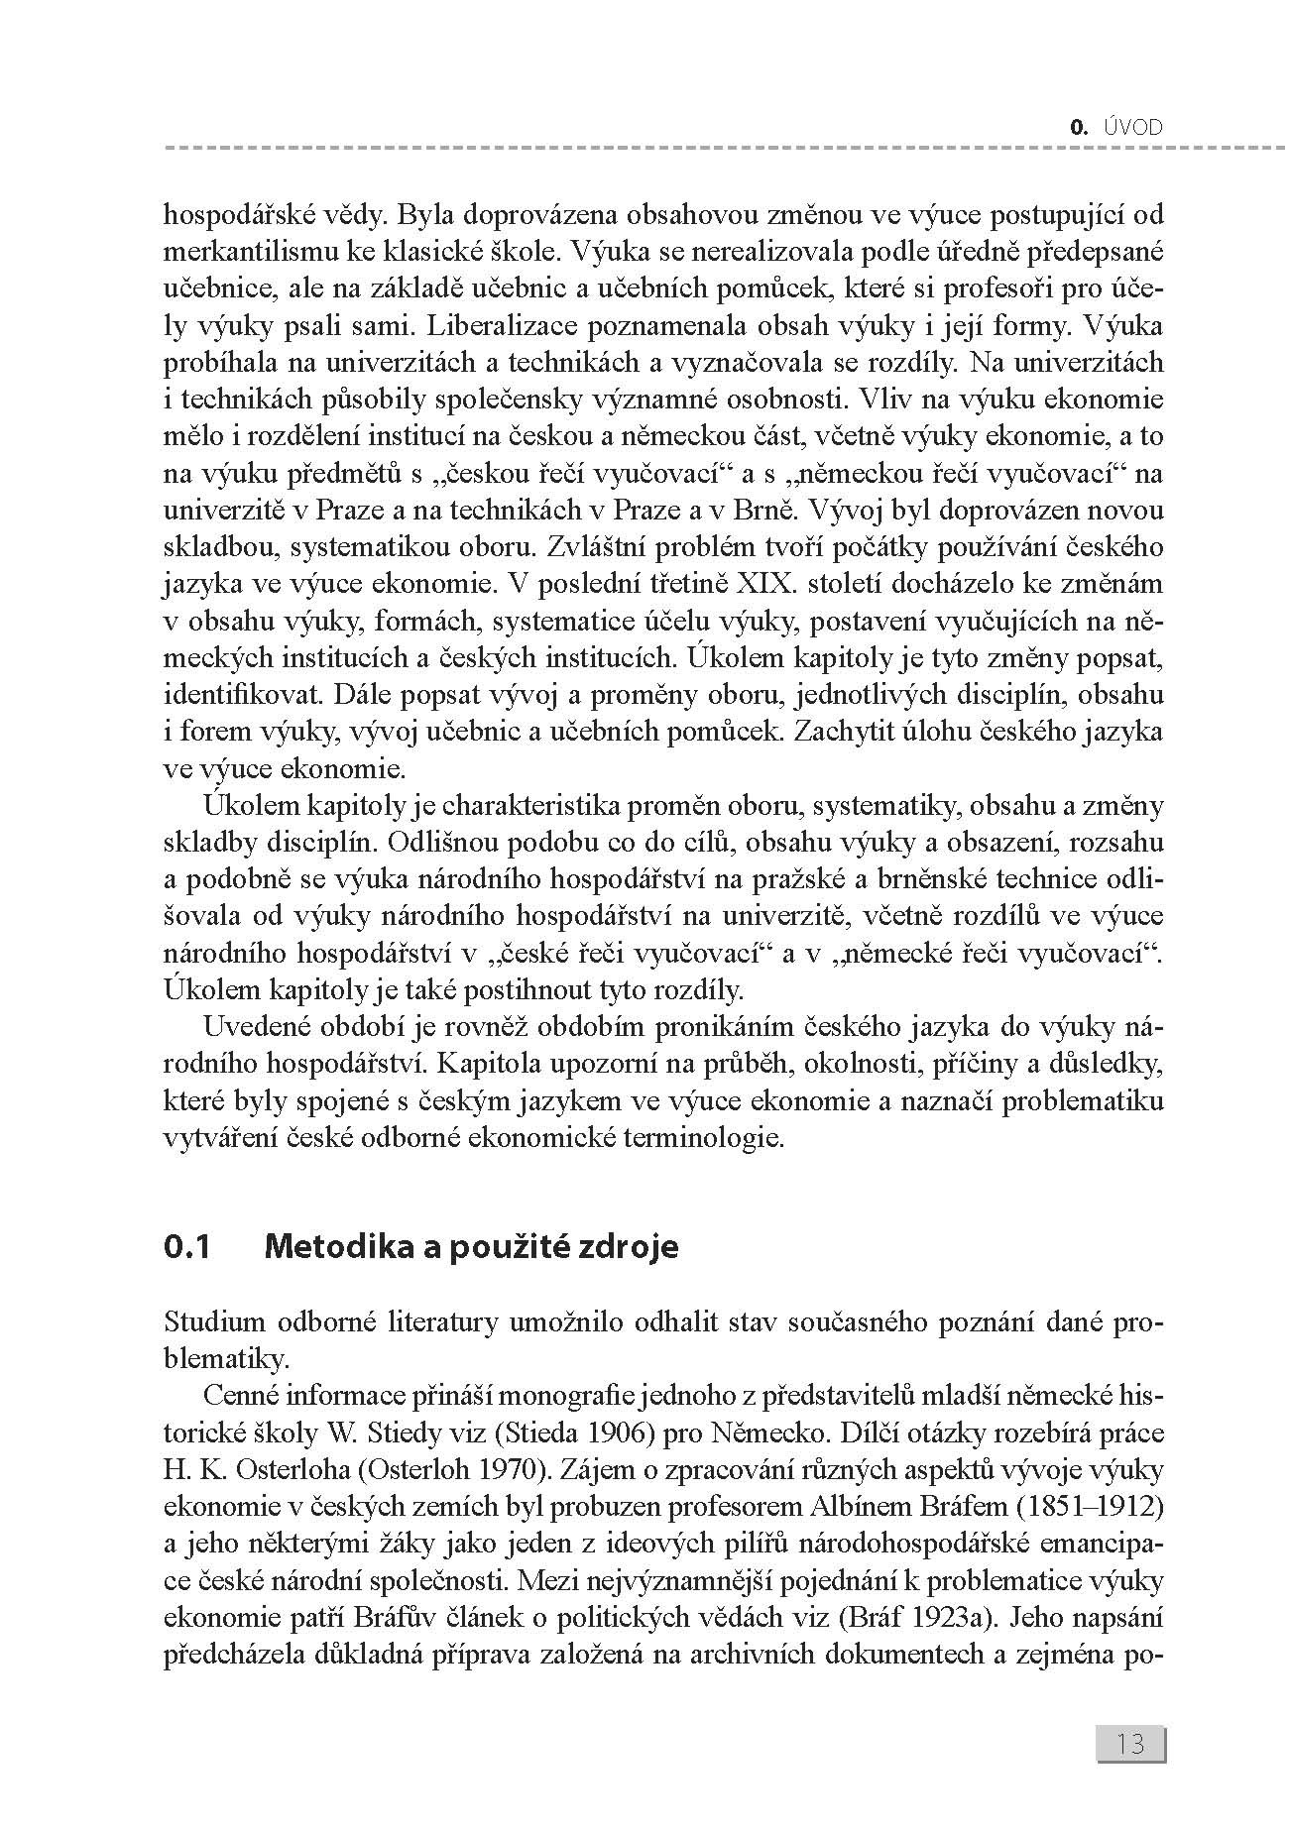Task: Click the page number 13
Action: (1130, 1743)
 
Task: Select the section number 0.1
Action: (187, 1246)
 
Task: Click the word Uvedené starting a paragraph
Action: (251, 1027)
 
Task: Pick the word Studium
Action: (215, 1322)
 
